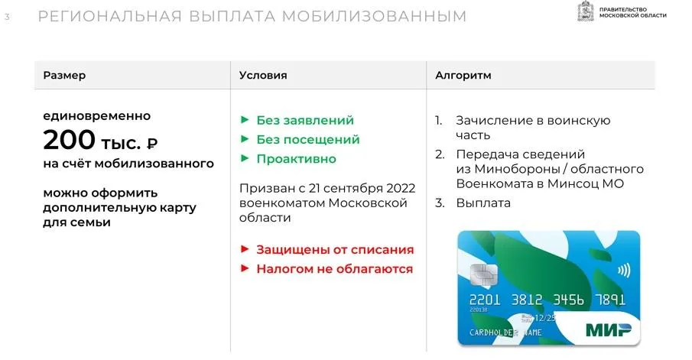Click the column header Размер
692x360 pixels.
click(64, 76)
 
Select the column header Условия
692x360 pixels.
click(263, 76)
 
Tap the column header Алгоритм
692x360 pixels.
click(463, 76)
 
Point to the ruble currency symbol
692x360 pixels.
click(152, 144)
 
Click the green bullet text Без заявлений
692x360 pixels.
click(305, 121)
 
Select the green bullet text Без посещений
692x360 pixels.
click(308, 140)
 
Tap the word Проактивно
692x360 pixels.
click(296, 159)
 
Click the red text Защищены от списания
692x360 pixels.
click(335, 250)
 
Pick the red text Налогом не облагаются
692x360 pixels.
click(334, 269)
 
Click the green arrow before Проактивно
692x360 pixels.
click(245, 158)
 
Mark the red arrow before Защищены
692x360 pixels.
click(245, 249)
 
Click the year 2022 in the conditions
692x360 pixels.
click(401, 188)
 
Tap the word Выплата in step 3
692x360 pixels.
click(483, 203)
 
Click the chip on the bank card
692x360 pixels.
click(484, 274)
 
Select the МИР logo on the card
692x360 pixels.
click(608, 329)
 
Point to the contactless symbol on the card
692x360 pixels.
click(624, 270)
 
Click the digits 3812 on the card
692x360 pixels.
click(527, 300)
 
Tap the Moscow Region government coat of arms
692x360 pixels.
click(586, 11)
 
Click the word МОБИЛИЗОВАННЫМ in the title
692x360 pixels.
click(374, 16)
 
